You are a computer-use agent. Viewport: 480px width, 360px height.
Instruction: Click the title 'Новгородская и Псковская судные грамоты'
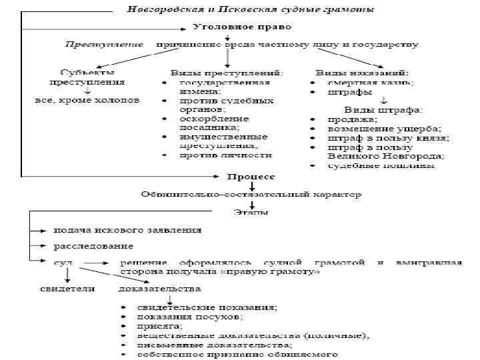pyautogui.click(x=250, y=9)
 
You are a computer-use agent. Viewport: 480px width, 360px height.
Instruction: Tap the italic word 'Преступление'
pyautogui.click(x=103, y=45)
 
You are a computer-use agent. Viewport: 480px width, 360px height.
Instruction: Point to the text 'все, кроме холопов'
pyautogui.click(x=87, y=101)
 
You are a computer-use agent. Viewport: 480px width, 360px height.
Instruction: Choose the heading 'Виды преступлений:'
pyautogui.click(x=227, y=72)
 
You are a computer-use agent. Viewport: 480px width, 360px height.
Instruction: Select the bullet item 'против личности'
pyautogui.click(x=225, y=155)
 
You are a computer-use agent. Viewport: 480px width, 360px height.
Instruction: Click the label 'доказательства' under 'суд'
pyautogui.click(x=159, y=289)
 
